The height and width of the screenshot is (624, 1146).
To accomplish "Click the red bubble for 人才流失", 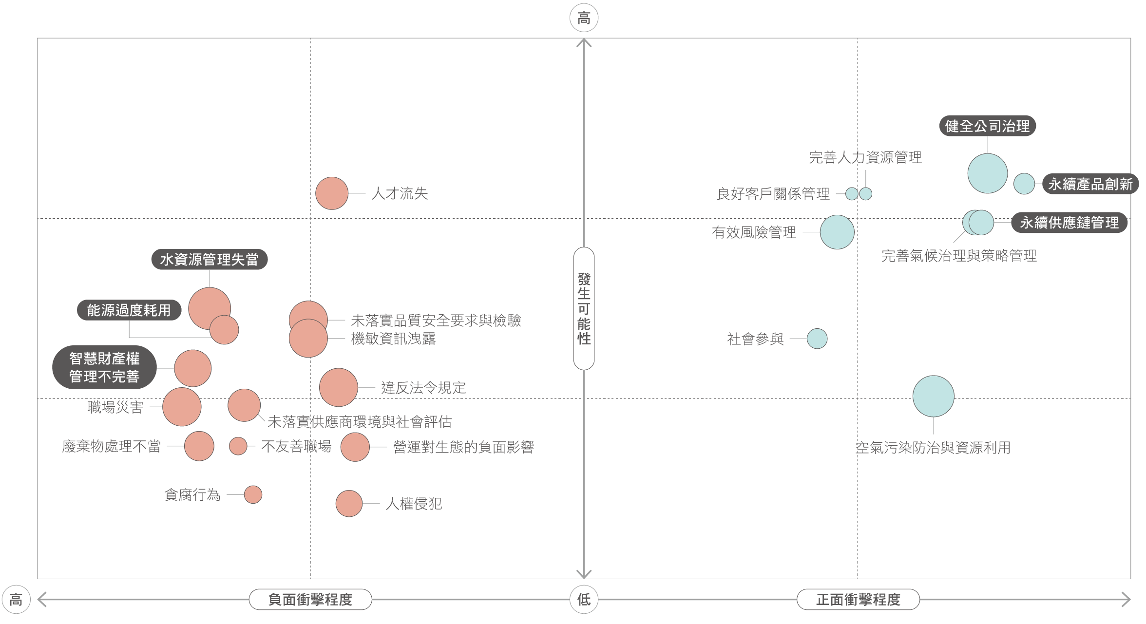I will pos(332,193).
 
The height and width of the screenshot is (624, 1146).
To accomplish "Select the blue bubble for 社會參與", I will pos(817,339).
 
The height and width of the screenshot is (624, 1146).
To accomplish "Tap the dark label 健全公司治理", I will pos(987,126).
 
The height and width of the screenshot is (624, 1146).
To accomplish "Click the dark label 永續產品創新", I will pos(1090,184).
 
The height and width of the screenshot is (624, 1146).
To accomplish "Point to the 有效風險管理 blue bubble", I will pos(837,232).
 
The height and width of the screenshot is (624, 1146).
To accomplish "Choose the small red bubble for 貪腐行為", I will pos(253,494).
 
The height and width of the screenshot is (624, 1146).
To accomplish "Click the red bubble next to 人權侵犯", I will pos(349,504).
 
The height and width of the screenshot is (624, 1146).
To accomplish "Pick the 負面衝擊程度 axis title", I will pos(310,599).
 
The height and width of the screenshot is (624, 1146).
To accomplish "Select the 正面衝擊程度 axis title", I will pos(858,599).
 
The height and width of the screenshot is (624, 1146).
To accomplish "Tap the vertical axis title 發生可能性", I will pos(584,308).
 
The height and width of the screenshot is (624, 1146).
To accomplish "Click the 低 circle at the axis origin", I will pos(584,599).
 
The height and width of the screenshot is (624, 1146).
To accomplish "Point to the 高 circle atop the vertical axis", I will pos(584,18).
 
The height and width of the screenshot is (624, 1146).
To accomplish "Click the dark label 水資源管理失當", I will pos(209,259).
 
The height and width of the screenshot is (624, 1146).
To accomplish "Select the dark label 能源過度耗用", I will pos(129,310).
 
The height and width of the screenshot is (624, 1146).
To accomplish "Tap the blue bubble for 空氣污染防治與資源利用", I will pos(933,396).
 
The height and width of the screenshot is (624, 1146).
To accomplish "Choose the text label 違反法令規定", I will pos(423,388).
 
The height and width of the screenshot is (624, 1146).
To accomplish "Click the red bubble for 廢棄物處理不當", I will pos(199,446).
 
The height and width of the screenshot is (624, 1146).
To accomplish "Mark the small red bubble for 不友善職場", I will pos(238,446).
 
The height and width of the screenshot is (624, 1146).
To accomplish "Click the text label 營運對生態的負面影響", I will pos(463,447).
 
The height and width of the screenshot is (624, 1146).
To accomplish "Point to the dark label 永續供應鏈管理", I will pos(1069,223).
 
